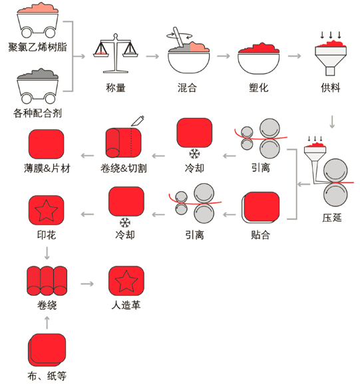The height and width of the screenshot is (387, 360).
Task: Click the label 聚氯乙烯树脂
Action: pos(37,47)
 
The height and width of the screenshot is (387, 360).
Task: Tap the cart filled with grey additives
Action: pos(37,86)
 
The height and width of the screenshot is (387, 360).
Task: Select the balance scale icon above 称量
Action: pos(116,53)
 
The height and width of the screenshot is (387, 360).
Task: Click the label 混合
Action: pos(187,88)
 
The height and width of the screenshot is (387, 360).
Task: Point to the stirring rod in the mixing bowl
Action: pos(178,37)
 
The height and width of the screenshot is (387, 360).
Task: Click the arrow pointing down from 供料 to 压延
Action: pos(332,122)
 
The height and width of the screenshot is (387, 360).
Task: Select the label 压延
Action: pos(332,218)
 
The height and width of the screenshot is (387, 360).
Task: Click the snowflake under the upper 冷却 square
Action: pos(194,153)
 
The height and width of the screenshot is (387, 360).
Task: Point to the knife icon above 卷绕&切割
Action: pos(138,121)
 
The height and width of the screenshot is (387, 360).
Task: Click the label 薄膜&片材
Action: pos(47,169)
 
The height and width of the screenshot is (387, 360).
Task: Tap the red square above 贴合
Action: pos(262,207)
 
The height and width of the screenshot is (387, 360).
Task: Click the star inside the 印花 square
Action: pos(47,210)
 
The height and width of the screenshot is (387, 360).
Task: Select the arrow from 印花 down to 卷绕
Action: pos(47,253)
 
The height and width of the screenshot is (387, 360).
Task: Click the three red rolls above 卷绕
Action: pos(47,280)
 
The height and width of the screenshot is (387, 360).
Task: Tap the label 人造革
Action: pos(126,305)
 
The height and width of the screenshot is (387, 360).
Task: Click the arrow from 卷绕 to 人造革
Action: pos(87,284)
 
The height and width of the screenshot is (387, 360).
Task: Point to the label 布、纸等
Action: pos(47,376)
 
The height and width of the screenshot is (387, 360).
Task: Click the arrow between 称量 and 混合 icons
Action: pos(152,57)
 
